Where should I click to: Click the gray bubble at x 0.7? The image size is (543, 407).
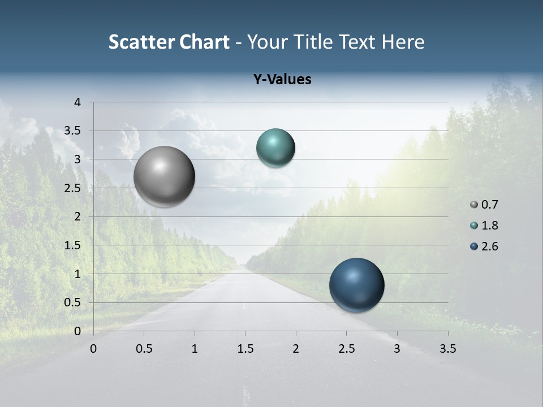coord(165,176)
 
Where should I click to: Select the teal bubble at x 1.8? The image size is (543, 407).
coord(275,148)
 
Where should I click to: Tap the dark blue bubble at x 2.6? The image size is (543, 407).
coord(356,285)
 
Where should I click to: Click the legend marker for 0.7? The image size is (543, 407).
coord(474,205)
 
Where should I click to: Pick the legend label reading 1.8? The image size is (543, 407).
coord(489,226)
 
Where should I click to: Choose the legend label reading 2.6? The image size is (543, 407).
coord(489,246)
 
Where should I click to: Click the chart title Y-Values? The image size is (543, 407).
coord(282,80)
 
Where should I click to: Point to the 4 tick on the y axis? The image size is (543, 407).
coord(77,102)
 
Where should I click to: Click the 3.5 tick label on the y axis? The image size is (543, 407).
coord(74,131)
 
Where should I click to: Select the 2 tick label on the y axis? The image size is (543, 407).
coord(77,217)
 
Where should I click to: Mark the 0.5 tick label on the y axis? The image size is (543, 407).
coord(74,302)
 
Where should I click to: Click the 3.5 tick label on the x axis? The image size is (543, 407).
coord(447,349)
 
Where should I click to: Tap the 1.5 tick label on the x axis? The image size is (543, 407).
coord(245,349)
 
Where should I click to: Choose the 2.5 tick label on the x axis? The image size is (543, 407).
coord(346,349)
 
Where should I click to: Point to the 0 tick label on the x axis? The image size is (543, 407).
coord(93,349)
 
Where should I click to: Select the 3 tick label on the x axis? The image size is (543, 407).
coord(397,349)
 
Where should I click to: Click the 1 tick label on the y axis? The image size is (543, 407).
coord(77,274)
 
